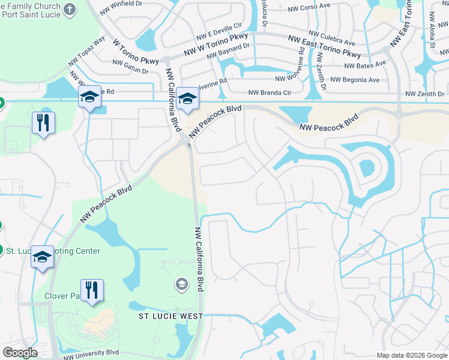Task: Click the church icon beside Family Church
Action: [70, 10]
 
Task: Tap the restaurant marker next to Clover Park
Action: [92, 291]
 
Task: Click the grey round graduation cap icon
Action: [181, 283]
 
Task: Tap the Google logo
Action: [20, 353]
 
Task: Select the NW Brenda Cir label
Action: [270, 93]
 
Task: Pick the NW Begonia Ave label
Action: [355, 79]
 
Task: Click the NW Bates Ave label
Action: [365, 65]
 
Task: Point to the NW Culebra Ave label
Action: [331, 38]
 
